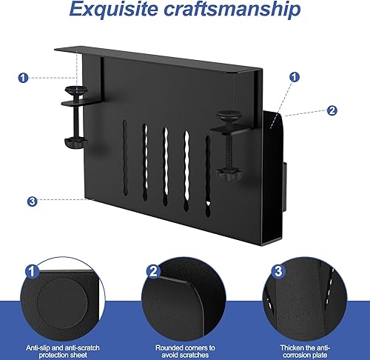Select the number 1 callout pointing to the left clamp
click(x=24, y=76)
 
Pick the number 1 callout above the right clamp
click(x=295, y=76)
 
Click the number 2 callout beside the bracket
click(x=332, y=110)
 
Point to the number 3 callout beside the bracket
click(x=31, y=200)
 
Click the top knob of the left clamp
click(x=75, y=90)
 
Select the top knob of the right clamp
click(x=226, y=116)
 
